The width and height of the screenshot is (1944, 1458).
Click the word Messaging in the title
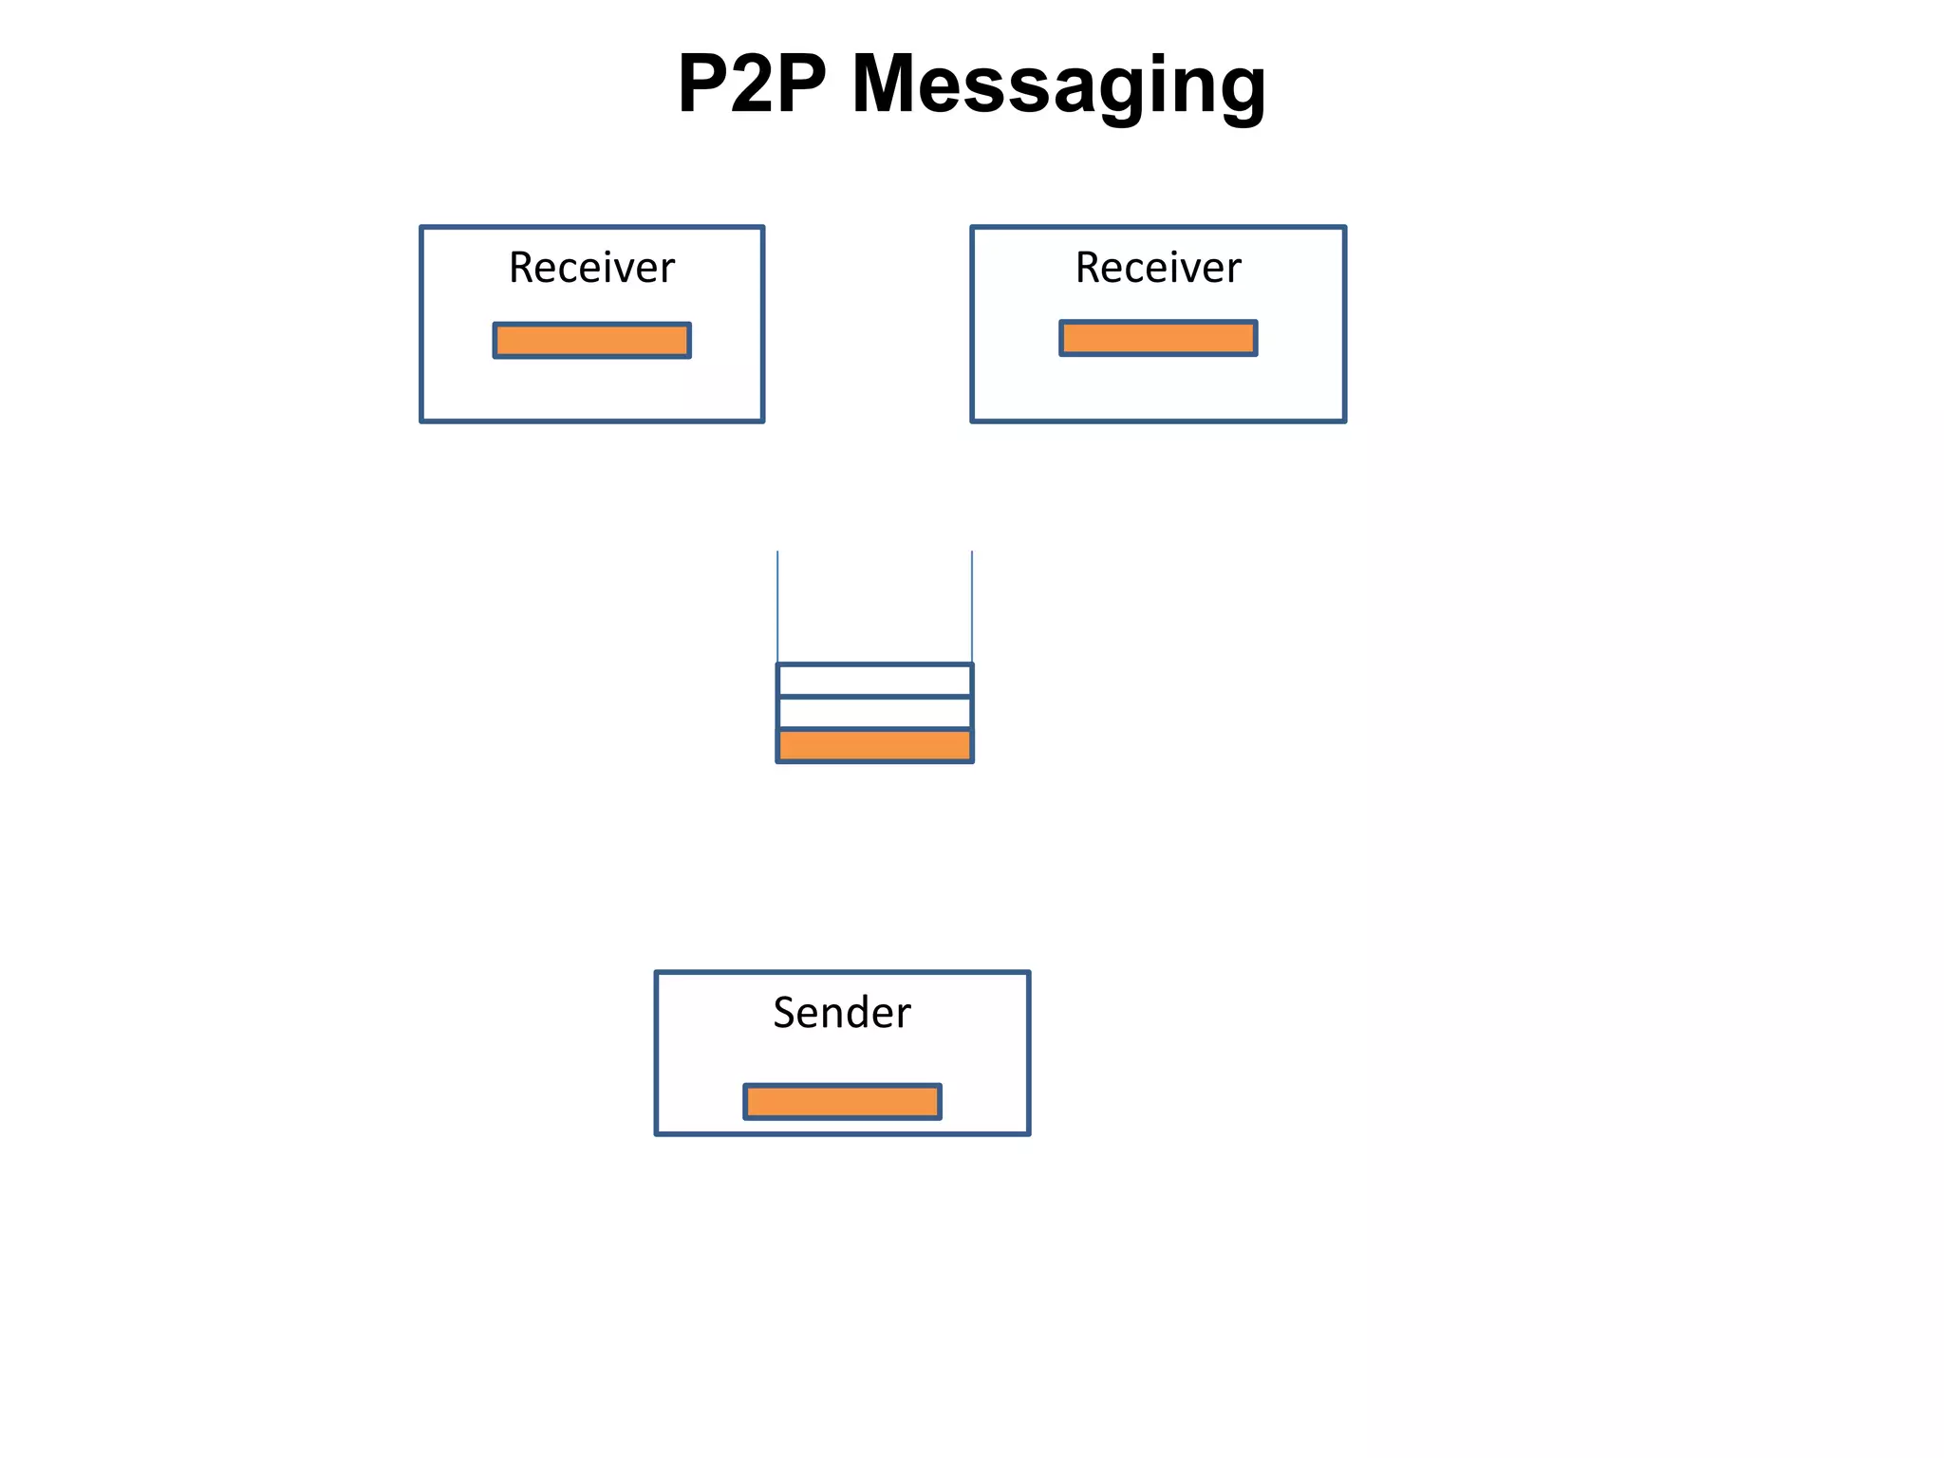pos(1058,85)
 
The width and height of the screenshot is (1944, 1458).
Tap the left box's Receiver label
pos(591,268)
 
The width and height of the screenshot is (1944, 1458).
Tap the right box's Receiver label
pos(1158,268)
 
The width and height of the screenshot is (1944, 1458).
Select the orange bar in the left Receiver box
pos(591,340)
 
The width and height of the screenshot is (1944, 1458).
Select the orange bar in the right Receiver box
pos(1158,338)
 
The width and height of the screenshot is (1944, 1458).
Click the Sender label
pos(842,1013)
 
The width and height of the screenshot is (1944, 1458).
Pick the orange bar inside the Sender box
pos(842,1101)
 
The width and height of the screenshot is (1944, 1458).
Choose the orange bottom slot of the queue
pos(874,745)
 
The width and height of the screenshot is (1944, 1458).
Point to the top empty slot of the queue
pos(874,680)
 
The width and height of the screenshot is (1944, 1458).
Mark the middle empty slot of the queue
pos(874,712)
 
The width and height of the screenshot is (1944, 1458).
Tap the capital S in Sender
pos(784,1013)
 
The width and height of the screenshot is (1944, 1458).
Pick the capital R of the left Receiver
pos(521,268)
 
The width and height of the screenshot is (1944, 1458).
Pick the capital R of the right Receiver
pos(1088,268)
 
